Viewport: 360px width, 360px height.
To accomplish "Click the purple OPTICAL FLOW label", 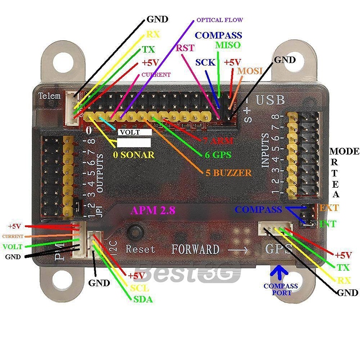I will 220,20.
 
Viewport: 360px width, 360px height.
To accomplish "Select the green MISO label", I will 227,45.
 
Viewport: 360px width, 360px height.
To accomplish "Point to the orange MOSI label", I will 250,71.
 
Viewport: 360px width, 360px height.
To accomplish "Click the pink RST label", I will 185,48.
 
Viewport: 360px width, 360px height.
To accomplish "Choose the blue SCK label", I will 205,62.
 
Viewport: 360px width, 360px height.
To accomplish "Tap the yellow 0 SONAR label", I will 134,155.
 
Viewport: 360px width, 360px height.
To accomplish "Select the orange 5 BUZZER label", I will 228,172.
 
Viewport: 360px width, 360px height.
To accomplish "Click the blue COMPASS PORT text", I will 281,289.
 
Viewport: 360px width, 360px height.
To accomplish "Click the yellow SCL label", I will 140,288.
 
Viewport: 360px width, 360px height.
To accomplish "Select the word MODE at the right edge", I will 344,152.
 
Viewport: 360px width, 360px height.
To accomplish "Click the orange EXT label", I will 329,208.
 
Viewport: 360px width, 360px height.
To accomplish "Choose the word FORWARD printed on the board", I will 195,250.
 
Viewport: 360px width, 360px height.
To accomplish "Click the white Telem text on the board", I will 50,96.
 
